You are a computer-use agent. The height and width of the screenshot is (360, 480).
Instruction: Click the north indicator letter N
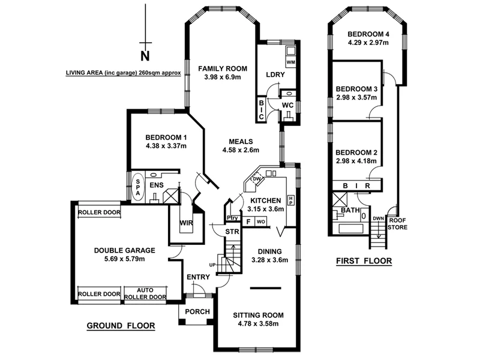tap(145, 56)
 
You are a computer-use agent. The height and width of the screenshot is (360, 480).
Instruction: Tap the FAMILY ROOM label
tap(220, 68)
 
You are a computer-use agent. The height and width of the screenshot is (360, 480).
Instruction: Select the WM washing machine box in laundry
tap(290, 62)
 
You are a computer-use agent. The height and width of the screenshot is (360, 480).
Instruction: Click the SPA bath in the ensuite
tap(137, 185)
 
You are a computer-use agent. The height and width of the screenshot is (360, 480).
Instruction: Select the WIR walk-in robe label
tap(185, 224)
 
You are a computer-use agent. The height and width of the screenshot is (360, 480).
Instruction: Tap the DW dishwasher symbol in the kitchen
tap(256, 179)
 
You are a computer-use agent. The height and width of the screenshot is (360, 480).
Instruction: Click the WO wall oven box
tap(260, 221)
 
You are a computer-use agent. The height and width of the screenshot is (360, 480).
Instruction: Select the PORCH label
tap(197, 311)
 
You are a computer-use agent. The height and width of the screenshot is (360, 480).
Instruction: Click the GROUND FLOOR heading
tap(121, 326)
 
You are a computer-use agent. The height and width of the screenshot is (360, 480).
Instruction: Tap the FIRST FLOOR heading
tap(363, 261)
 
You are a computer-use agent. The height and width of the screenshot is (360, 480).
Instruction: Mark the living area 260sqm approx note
tap(119, 74)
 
